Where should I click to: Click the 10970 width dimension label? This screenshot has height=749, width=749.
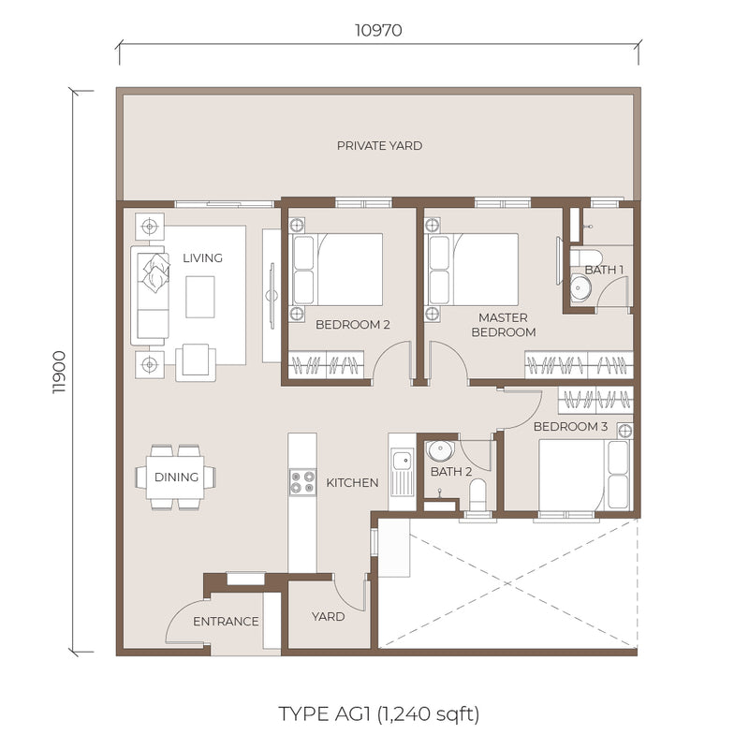(378, 31)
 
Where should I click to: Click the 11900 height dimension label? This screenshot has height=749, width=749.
(59, 373)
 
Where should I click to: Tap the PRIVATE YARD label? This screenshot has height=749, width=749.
(380, 146)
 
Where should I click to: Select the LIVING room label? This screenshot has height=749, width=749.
(202, 258)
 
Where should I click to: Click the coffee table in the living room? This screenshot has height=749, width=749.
(200, 297)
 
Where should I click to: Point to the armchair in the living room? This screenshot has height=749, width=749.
(196, 362)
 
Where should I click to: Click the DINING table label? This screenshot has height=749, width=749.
(176, 477)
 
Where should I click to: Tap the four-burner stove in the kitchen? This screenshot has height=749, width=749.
(302, 482)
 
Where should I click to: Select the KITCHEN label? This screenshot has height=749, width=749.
(353, 483)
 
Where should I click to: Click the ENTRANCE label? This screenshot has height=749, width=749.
(226, 622)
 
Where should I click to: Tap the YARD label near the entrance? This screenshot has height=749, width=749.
(329, 617)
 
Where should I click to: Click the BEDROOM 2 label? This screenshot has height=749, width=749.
(353, 325)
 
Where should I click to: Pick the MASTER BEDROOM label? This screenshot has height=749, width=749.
(504, 325)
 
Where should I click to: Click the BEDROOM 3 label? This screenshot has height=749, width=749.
(570, 427)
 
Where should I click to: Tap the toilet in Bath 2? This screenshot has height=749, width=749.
(477, 495)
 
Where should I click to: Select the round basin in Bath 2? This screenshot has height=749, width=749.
(440, 450)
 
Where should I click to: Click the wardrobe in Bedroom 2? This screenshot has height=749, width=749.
(327, 365)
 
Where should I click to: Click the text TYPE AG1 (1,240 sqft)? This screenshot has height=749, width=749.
(378, 714)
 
